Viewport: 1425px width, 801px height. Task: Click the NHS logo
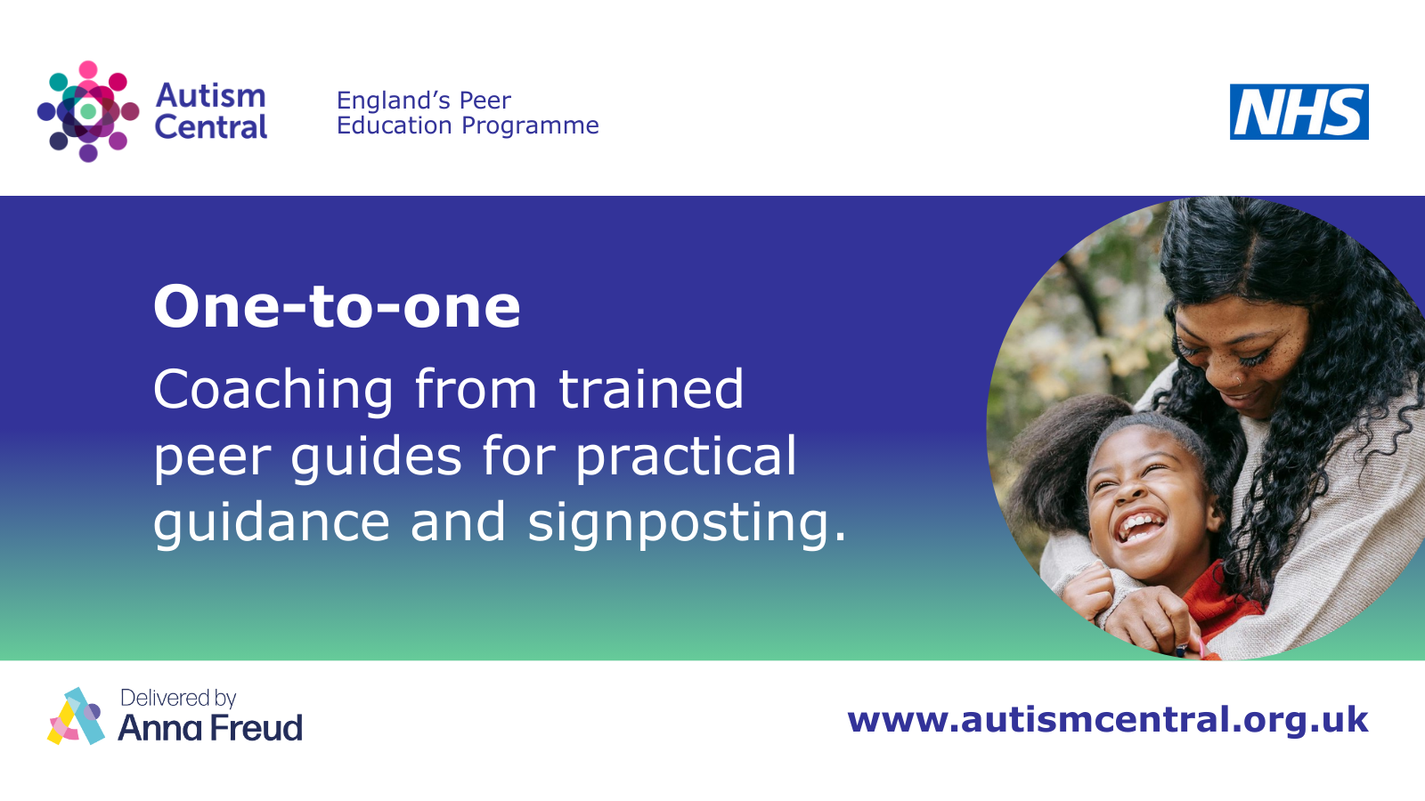(x=1299, y=112)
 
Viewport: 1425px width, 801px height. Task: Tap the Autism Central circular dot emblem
(x=88, y=111)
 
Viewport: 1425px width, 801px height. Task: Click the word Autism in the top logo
(x=210, y=96)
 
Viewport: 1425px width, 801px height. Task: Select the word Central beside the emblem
(x=210, y=126)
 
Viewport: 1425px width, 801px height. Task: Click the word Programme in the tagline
(x=530, y=126)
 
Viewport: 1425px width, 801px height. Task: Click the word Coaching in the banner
(x=273, y=390)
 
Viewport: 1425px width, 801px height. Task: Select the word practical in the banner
(x=686, y=456)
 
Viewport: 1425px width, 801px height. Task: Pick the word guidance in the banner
(x=272, y=522)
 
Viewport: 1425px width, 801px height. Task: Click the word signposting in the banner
(x=680, y=522)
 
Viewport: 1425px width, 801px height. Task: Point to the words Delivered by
(x=178, y=698)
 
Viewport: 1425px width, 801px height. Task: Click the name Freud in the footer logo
(x=256, y=728)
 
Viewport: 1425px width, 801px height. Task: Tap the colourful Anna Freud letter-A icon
(x=77, y=716)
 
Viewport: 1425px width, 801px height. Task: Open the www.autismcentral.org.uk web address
(x=1108, y=720)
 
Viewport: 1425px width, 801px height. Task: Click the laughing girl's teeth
(x=1141, y=525)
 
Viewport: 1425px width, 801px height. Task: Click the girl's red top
(x=1218, y=601)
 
